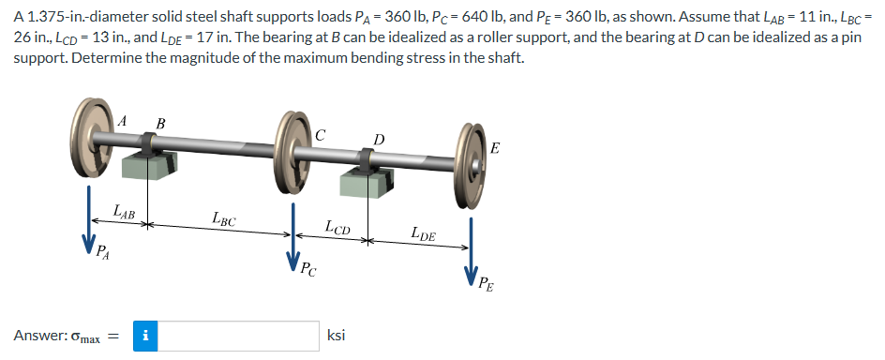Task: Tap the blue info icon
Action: click(145, 336)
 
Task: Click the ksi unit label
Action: click(337, 336)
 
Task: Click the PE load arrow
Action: click(472, 248)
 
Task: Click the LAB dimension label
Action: click(124, 213)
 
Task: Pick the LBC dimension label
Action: click(223, 222)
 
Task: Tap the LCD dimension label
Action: click(337, 226)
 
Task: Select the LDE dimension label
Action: click(423, 234)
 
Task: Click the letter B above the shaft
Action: click(160, 122)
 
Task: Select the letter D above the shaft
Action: click(378, 141)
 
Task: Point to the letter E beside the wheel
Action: click(495, 148)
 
